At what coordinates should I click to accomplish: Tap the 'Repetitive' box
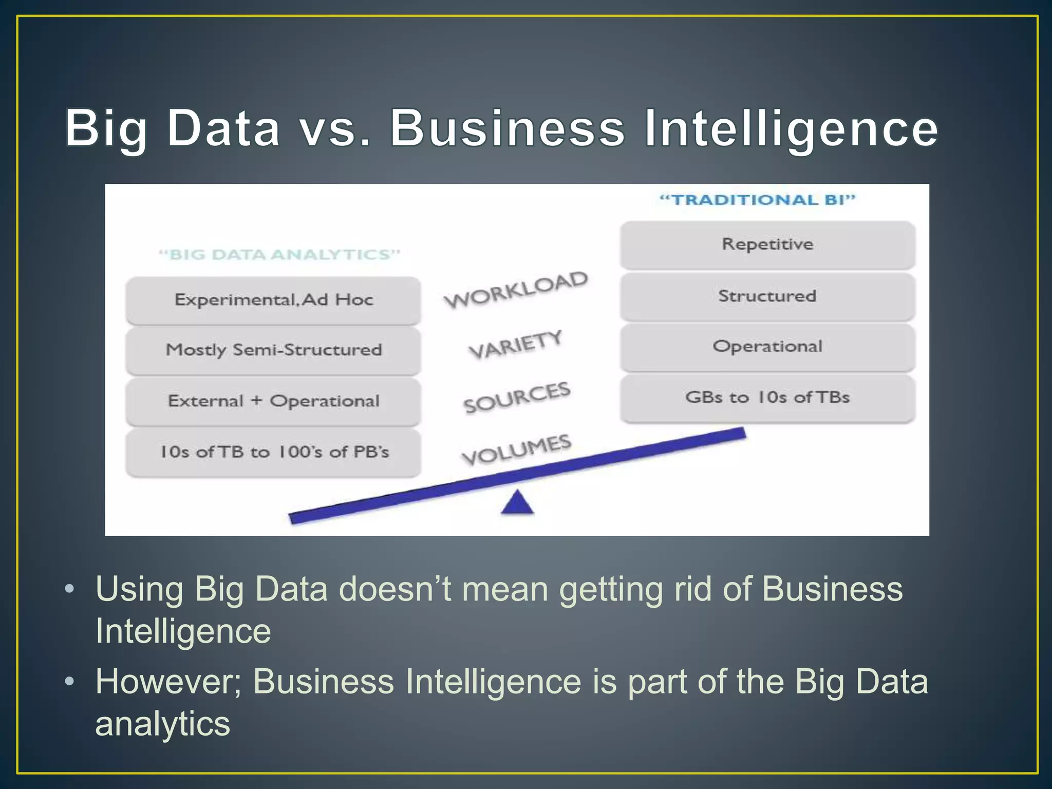coord(767,245)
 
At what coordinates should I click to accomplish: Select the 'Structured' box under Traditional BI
coord(767,296)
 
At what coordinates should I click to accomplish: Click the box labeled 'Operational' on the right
coord(767,347)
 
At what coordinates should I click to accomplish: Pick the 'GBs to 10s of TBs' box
coord(767,398)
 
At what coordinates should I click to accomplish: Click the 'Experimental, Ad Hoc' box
coord(273,300)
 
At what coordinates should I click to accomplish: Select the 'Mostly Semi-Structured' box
coord(273,350)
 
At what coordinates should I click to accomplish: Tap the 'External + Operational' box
coord(273,401)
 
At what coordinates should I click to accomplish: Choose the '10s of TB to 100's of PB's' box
coord(273,453)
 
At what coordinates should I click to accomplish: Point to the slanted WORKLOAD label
coord(516,290)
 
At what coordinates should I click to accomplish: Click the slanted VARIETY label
coord(516,345)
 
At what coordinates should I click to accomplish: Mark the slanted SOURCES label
coord(517,398)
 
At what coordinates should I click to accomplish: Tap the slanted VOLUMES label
coord(517,449)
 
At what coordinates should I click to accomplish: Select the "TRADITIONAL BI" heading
coord(757,200)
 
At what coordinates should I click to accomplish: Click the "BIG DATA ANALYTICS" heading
coord(279,255)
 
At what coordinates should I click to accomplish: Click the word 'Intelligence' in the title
coord(791,129)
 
